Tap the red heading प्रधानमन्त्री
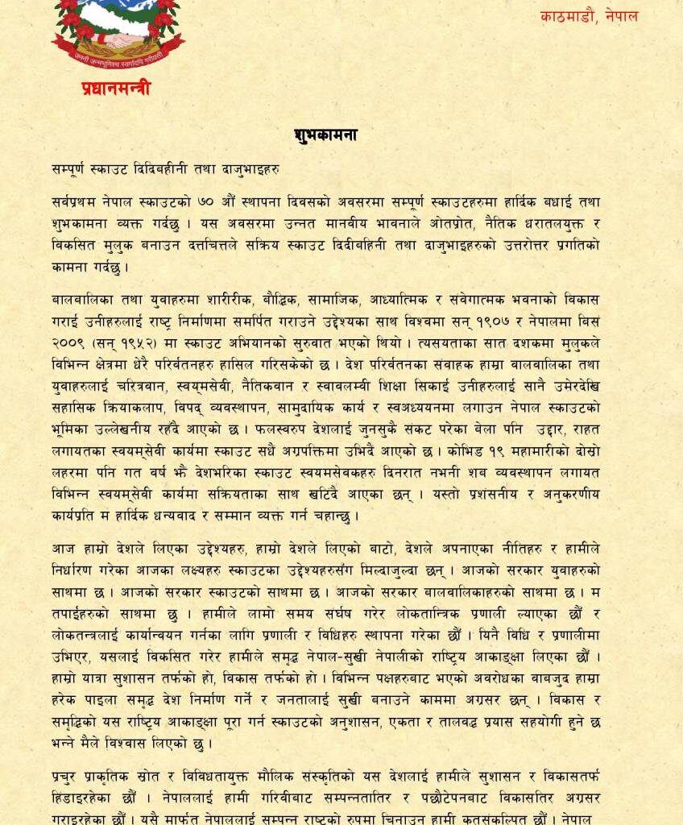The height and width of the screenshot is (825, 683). click(115, 89)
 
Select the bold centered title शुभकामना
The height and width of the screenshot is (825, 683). click(325, 135)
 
